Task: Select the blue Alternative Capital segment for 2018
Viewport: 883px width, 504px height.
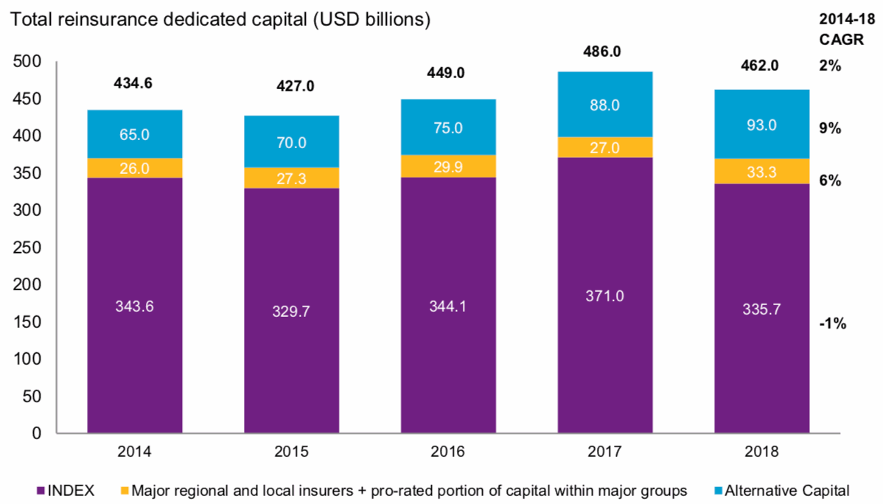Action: pyautogui.click(x=761, y=124)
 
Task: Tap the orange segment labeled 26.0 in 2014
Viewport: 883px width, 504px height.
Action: pyautogui.click(x=135, y=168)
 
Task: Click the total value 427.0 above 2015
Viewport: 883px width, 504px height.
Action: pyautogui.click(x=291, y=86)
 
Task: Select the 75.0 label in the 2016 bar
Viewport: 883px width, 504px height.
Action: pyautogui.click(x=448, y=127)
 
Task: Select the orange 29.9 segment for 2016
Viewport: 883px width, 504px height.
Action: pyautogui.click(x=448, y=166)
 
